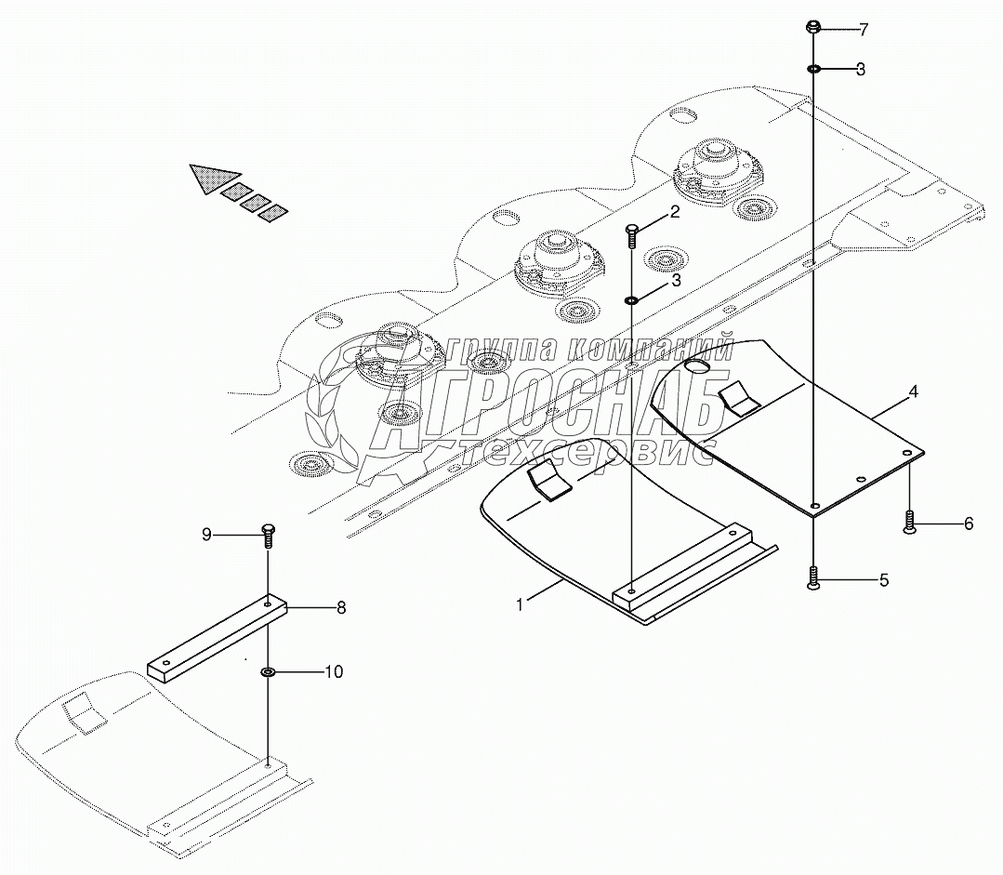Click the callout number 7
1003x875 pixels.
tap(864, 30)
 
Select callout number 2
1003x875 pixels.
tap(675, 212)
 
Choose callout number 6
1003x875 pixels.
tap(968, 524)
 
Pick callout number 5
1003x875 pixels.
tap(883, 581)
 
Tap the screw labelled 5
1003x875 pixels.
tap(814, 579)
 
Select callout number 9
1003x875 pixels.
tap(208, 534)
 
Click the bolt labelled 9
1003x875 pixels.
tap(268, 535)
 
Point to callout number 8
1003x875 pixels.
tap(341, 608)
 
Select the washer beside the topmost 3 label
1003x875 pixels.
tap(812, 69)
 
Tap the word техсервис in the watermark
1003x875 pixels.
tap(586, 453)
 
